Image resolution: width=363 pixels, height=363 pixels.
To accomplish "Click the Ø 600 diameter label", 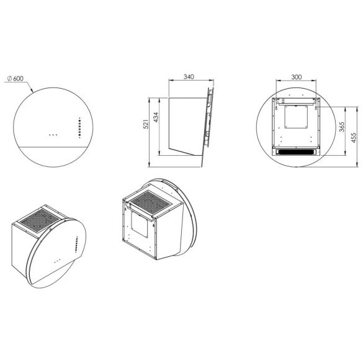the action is click(16, 78).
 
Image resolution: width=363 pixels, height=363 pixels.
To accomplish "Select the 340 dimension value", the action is click(189, 76).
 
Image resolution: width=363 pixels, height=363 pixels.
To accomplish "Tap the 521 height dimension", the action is click(146, 124).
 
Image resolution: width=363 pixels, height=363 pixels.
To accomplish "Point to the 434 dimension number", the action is click(156, 117).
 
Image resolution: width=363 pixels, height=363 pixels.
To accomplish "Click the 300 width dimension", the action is click(297, 77).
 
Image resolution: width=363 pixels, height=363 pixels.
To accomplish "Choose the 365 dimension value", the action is click(342, 127).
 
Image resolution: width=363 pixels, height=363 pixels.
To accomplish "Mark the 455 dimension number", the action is click(354, 138).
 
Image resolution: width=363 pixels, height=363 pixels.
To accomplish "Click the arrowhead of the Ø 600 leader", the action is click(32, 91).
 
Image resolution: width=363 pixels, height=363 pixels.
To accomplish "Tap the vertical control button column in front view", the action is click(79, 128).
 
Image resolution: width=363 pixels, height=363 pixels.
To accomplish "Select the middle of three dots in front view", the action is click(53, 135).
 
